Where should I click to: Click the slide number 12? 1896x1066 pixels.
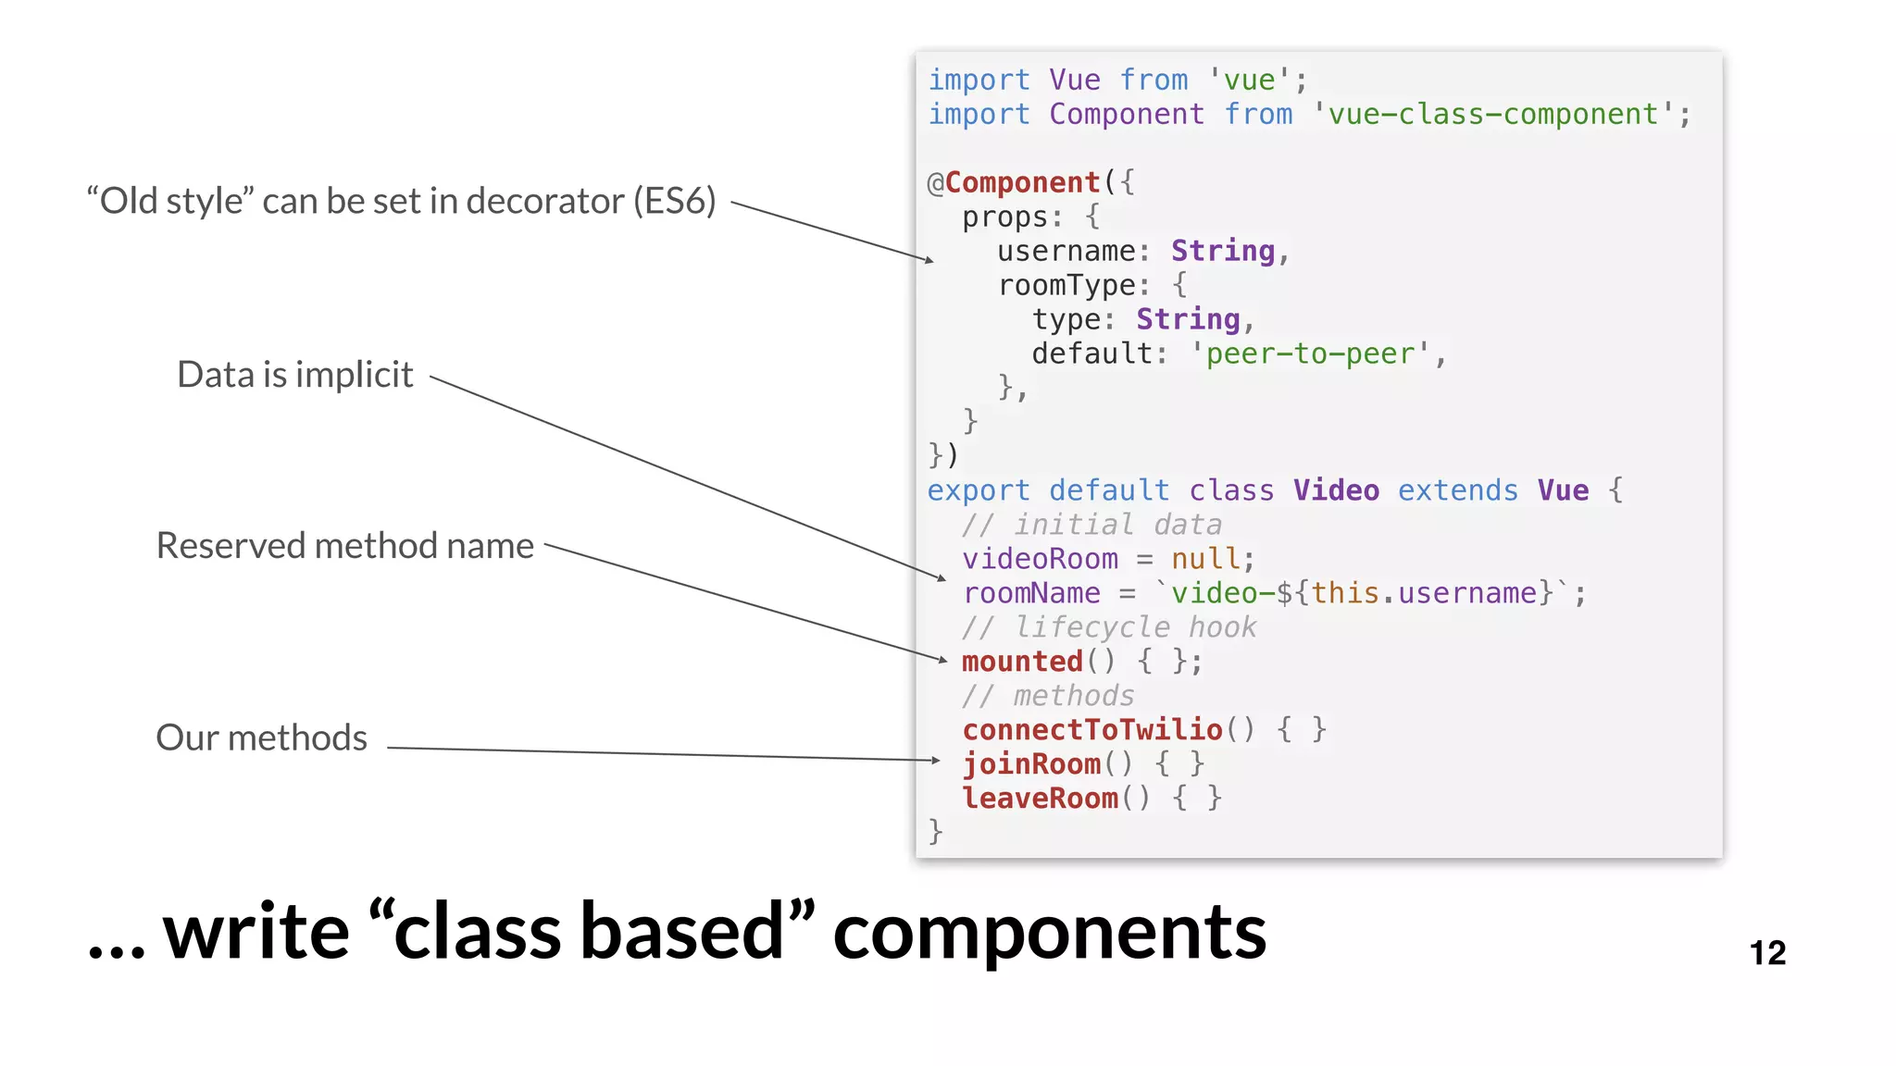(1766, 953)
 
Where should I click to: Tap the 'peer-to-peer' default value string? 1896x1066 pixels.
(1310, 353)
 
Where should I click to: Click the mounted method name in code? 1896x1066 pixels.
(1022, 662)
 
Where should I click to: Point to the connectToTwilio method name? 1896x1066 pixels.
(1092, 730)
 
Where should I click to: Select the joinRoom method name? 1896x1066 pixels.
(1031, 764)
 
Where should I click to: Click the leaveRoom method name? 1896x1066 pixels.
(1040, 799)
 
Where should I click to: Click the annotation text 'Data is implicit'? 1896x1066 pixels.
(294, 375)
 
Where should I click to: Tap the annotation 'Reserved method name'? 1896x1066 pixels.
(344, 546)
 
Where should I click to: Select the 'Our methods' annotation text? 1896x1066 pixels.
(261, 738)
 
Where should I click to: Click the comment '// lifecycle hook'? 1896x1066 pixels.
(1108, 627)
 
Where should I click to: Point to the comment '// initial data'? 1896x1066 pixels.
(1091, 525)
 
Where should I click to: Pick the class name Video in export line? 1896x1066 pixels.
(1336, 490)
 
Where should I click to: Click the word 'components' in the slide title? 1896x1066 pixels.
(1049, 933)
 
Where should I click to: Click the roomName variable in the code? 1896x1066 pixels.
(1031, 593)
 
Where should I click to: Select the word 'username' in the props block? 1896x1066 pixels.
(1066, 251)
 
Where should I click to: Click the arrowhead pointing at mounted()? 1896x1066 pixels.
(942, 660)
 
